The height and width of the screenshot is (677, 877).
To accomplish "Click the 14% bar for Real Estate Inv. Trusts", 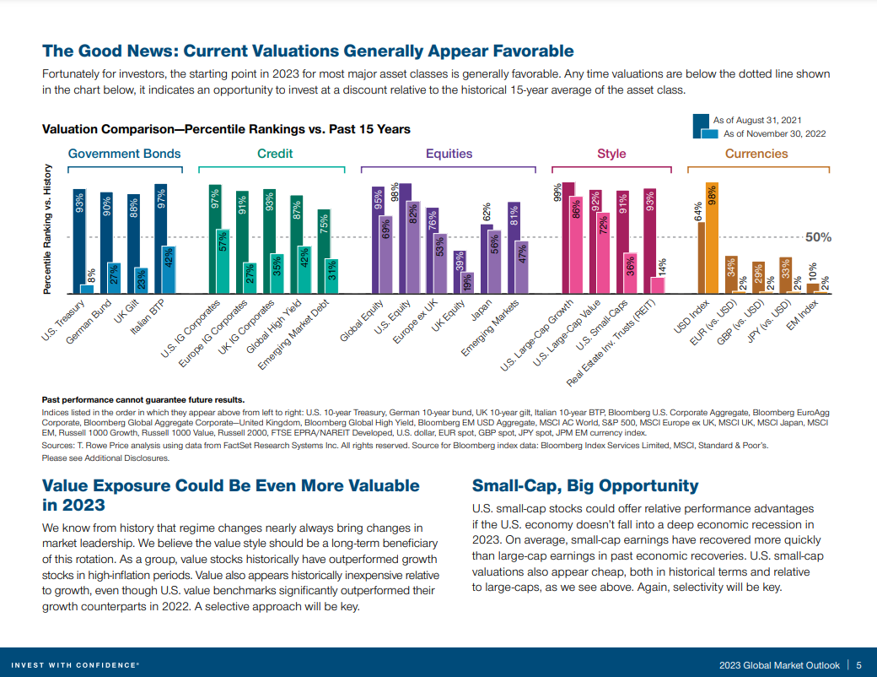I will [658, 284].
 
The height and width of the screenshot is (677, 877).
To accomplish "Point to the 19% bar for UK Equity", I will [469, 282].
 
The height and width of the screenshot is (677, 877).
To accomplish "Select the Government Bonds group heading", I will [124, 154].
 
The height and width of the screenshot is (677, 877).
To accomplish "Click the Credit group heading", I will [275, 154].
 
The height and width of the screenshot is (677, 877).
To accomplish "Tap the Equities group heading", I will [449, 154].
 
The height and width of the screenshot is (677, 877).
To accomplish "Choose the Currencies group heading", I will [756, 154].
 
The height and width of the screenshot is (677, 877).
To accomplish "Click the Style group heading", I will [611, 154].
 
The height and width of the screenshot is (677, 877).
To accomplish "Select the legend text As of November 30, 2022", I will [774, 133].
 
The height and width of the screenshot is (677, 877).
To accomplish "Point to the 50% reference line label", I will [818, 237].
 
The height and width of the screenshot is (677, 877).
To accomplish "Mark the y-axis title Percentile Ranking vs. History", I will [48, 229].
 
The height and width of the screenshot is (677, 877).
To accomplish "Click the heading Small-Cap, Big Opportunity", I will [585, 485].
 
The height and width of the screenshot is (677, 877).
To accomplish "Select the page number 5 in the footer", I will [858, 664].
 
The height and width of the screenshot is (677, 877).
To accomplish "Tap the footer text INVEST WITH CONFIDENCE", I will [75, 664].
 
